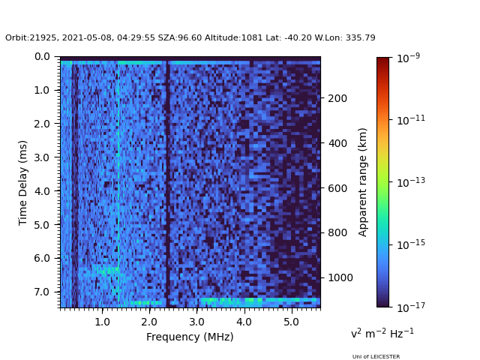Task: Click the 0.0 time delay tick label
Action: point(42,57)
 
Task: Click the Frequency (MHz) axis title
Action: point(190,337)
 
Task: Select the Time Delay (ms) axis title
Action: point(23,182)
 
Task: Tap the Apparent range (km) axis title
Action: point(363,182)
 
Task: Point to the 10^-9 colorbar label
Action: point(408,58)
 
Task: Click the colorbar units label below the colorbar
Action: point(382,333)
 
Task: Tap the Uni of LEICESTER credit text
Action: point(376,356)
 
